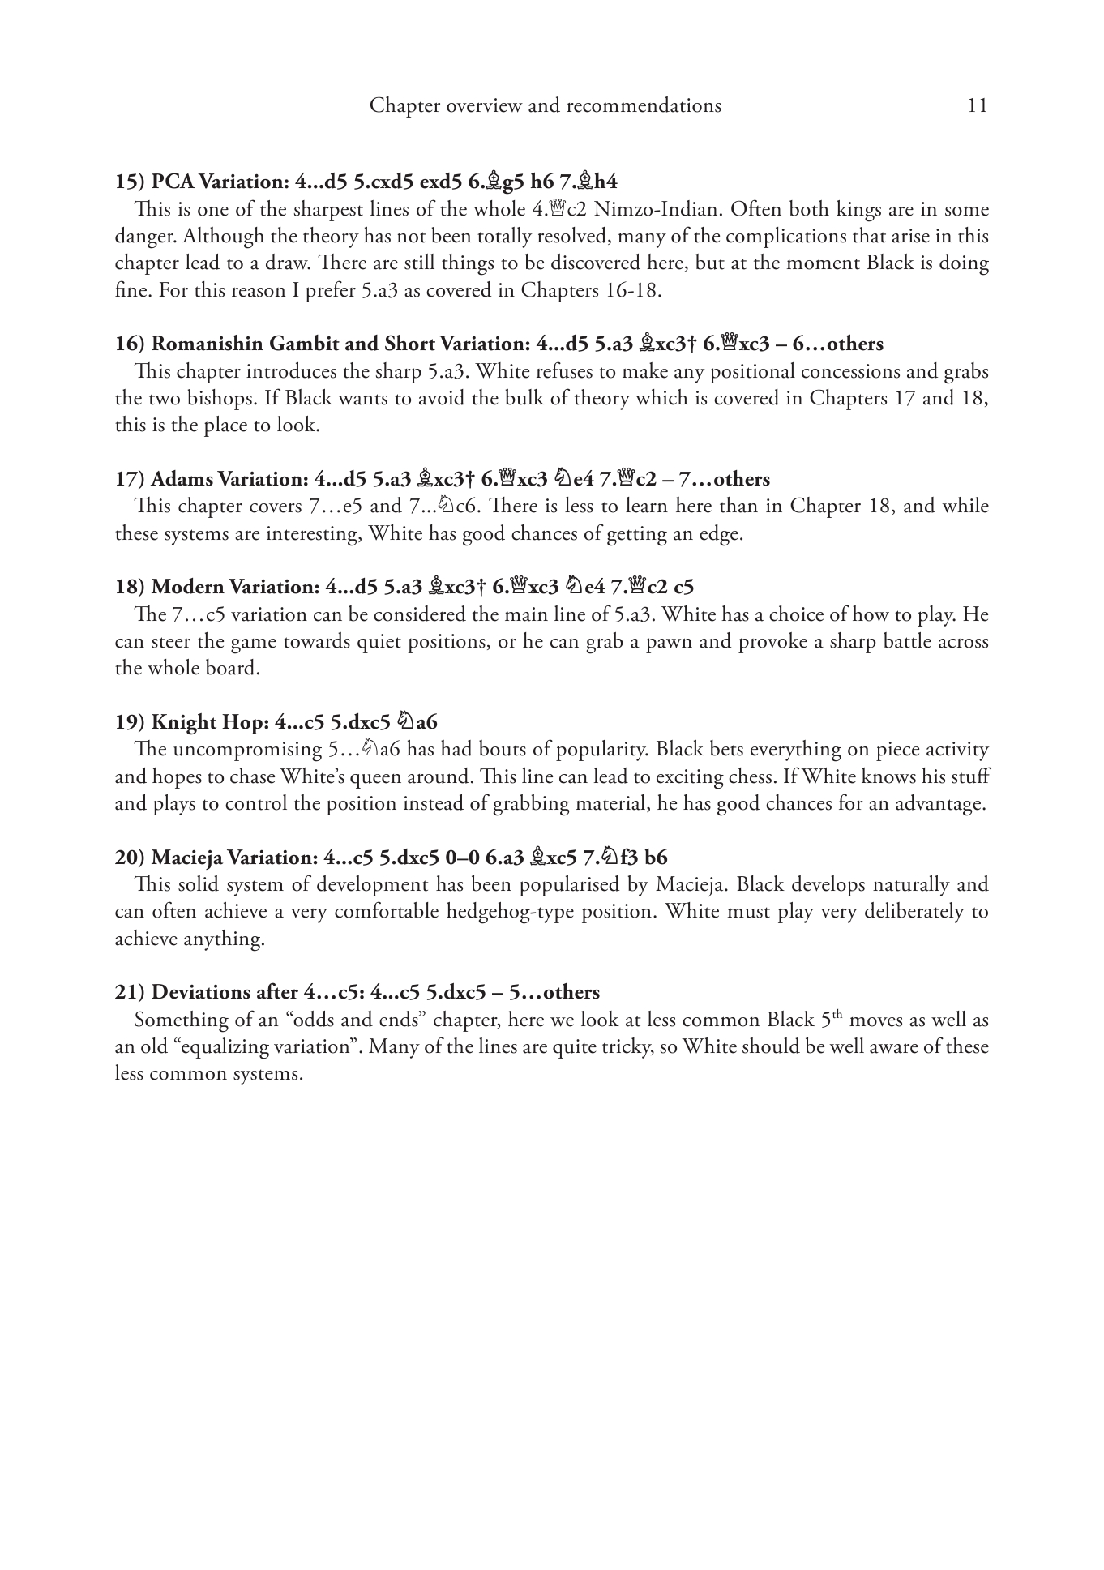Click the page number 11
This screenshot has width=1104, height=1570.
point(978,105)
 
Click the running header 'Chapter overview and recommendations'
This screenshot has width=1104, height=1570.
point(545,105)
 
